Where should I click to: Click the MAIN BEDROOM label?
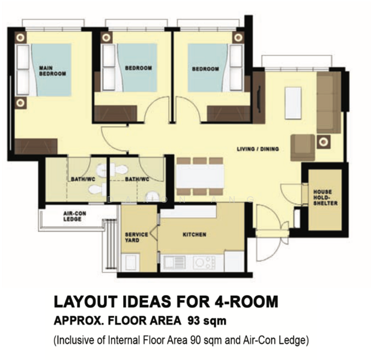pyautogui.click(x=52, y=70)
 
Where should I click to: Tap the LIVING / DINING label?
pyautogui.click(x=258, y=149)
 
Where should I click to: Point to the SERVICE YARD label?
pyautogui.click(x=133, y=236)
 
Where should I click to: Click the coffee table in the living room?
pyautogui.click(x=293, y=103)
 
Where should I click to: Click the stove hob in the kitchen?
pyautogui.click(x=204, y=262)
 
